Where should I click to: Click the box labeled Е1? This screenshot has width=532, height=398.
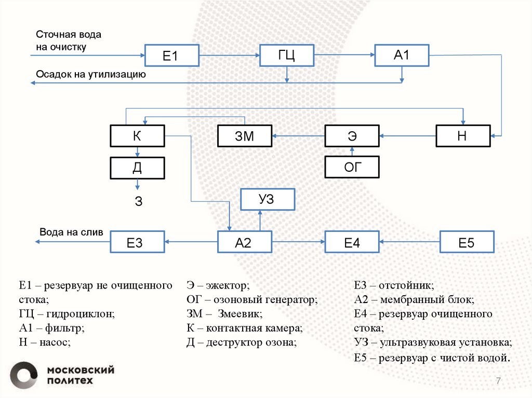[x=171, y=55]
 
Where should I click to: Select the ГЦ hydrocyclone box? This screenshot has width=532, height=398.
[x=287, y=55]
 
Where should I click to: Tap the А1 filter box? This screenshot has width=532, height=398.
[x=402, y=55]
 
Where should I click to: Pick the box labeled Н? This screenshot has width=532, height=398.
[x=462, y=136]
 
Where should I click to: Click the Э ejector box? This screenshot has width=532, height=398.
[x=352, y=136]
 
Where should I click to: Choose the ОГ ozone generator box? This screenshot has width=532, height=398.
[x=352, y=167]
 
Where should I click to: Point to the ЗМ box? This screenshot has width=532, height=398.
[x=244, y=136]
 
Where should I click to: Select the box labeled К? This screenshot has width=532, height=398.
[x=137, y=136]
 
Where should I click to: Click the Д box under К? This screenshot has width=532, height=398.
[x=137, y=167]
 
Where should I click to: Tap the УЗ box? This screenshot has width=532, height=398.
[x=267, y=199]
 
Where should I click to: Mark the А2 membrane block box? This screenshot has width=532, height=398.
[x=244, y=242]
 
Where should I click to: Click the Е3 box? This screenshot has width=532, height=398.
[x=137, y=242]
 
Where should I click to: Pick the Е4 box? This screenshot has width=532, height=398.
[x=352, y=242]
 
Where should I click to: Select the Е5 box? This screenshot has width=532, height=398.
[x=467, y=242]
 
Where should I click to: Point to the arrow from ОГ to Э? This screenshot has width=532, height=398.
[x=352, y=152]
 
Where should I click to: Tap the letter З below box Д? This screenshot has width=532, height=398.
[x=138, y=202]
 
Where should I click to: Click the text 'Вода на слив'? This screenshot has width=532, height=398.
[x=72, y=232]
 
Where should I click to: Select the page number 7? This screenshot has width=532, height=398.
[x=498, y=381]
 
